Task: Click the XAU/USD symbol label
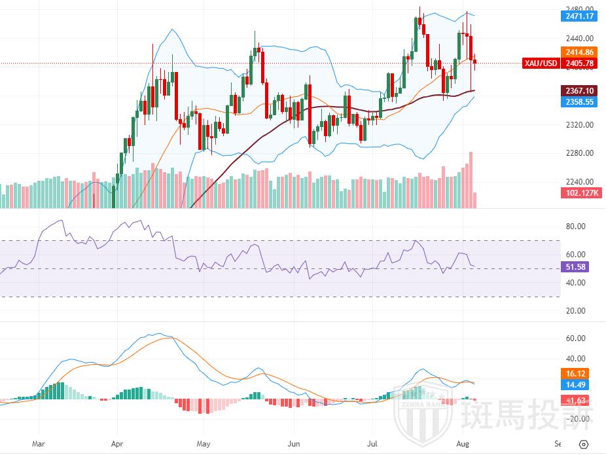point(541,64)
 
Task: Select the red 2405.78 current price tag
point(580,64)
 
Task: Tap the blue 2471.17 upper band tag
point(580,16)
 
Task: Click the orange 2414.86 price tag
point(580,52)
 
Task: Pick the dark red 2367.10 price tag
point(580,91)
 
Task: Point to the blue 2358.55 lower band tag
point(580,101)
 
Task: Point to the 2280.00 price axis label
point(580,153)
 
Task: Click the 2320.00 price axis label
point(580,124)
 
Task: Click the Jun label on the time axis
point(294,443)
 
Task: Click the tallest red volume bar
point(471,180)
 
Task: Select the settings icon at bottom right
point(584,443)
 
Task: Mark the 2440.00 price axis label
point(580,39)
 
